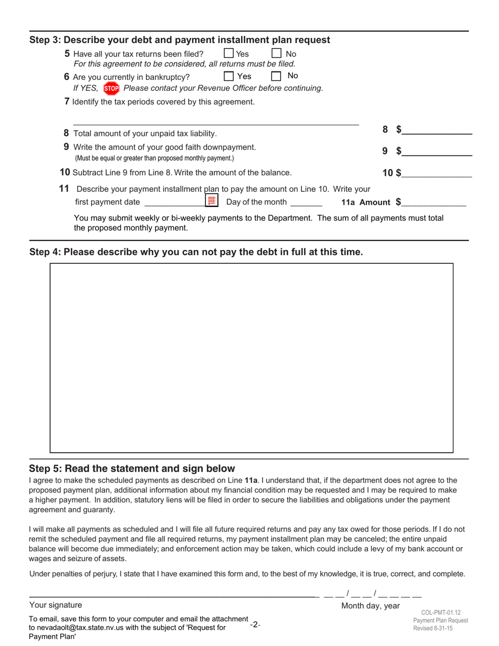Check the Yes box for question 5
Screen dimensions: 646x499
(x=228, y=54)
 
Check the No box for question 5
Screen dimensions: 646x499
(x=276, y=54)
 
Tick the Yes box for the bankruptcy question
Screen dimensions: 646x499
(x=228, y=76)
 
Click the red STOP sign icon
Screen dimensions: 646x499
(x=111, y=88)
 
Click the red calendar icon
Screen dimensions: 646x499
(x=212, y=201)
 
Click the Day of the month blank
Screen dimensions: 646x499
(x=306, y=203)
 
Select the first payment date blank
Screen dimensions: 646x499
(x=174, y=203)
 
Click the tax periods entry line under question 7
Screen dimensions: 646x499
(x=215, y=121)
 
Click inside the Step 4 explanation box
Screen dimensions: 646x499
(x=251, y=358)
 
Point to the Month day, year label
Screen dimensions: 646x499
(x=370, y=606)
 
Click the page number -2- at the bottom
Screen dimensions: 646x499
(x=255, y=625)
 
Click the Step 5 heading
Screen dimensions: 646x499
(x=132, y=468)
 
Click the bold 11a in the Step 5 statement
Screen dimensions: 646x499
(x=251, y=480)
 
